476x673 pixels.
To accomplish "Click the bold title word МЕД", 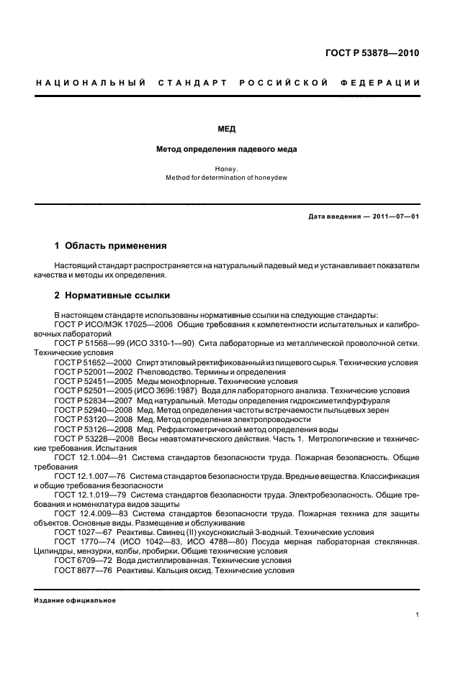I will pyautogui.click(x=227, y=129).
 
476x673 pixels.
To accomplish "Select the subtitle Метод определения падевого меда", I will pyautogui.click(x=227, y=150).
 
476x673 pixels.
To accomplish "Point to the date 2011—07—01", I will pyautogui.click(x=395, y=216).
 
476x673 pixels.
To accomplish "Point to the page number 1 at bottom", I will pyautogui.click(x=417, y=615).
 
